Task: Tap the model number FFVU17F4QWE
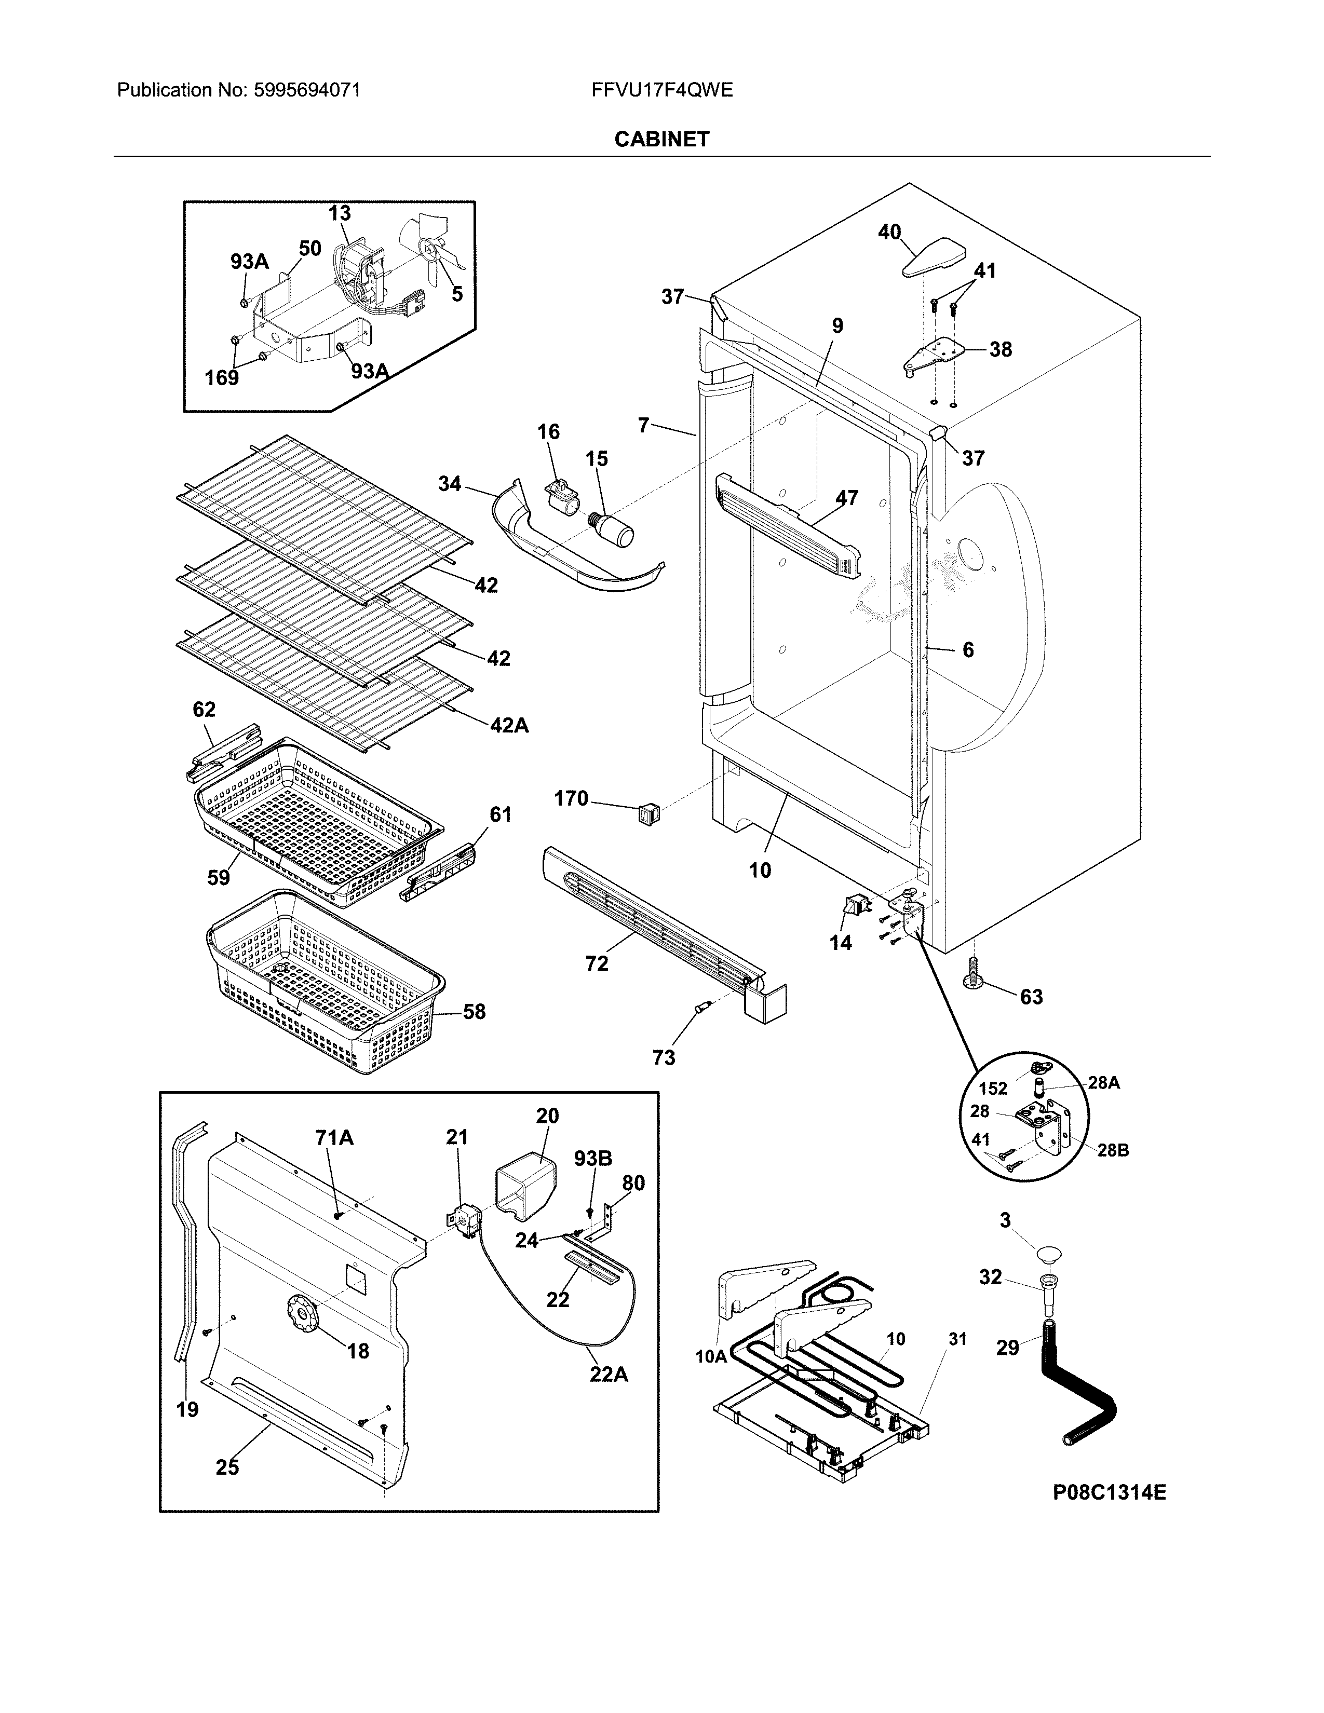(x=662, y=90)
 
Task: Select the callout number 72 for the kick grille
(x=597, y=963)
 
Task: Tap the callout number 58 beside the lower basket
(x=474, y=1012)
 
